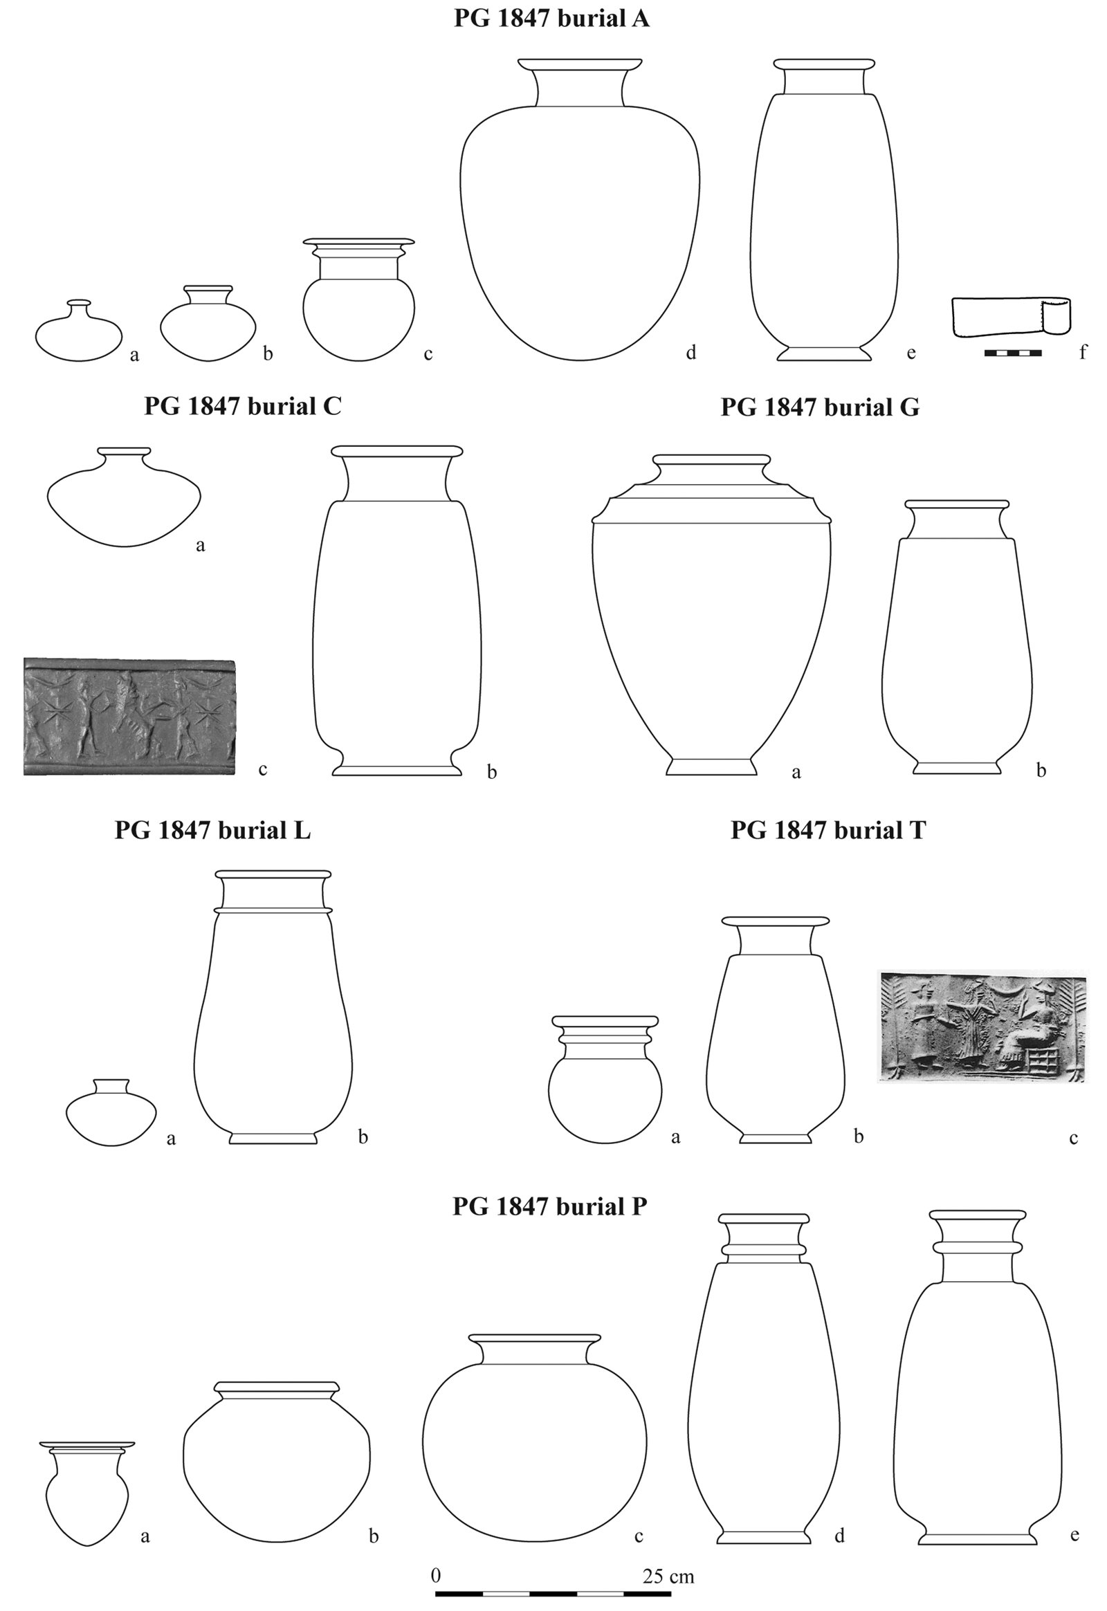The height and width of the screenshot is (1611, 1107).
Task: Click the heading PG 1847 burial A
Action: tap(551, 19)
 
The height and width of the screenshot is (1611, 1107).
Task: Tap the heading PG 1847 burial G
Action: tap(820, 407)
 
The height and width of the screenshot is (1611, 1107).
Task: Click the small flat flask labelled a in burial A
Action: tap(79, 336)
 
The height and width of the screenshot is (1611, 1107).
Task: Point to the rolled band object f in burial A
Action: tap(1011, 316)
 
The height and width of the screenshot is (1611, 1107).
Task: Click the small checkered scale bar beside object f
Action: tap(1013, 353)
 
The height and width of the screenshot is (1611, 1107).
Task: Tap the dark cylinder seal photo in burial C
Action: tap(129, 717)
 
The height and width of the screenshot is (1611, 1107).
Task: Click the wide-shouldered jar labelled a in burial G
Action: tap(711, 624)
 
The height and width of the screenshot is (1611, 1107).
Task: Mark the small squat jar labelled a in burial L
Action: tap(111, 1113)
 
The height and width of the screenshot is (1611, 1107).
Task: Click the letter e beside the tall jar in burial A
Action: tap(911, 353)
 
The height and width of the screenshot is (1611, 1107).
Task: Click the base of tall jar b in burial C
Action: tap(396, 770)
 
